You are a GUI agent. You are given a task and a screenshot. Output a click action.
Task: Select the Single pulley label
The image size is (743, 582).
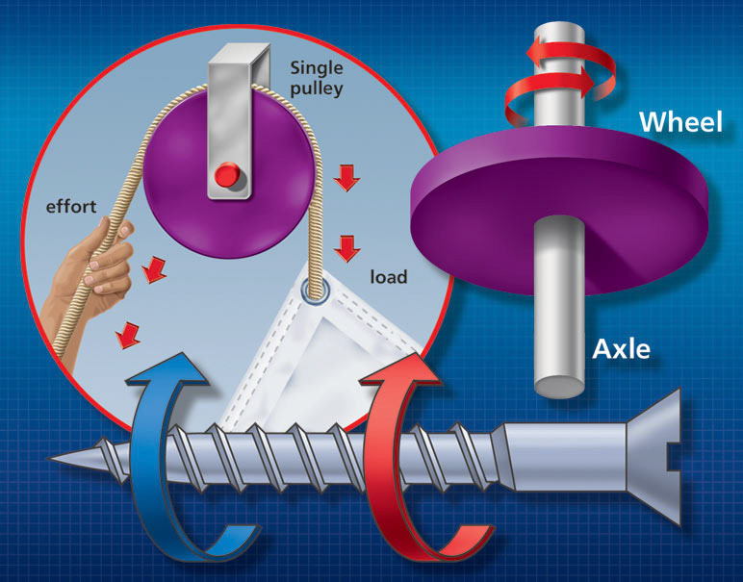(x=319, y=79)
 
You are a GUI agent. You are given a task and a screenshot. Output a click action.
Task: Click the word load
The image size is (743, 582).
(x=389, y=278)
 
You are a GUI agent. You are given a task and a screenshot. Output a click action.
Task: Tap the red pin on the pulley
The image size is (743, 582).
(x=227, y=175)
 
